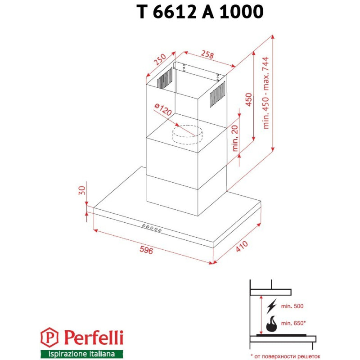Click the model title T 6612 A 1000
point(200,12)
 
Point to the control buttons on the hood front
point(152,228)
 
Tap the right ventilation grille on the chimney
point(218,93)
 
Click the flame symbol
point(272,324)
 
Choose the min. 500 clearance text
point(292,306)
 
